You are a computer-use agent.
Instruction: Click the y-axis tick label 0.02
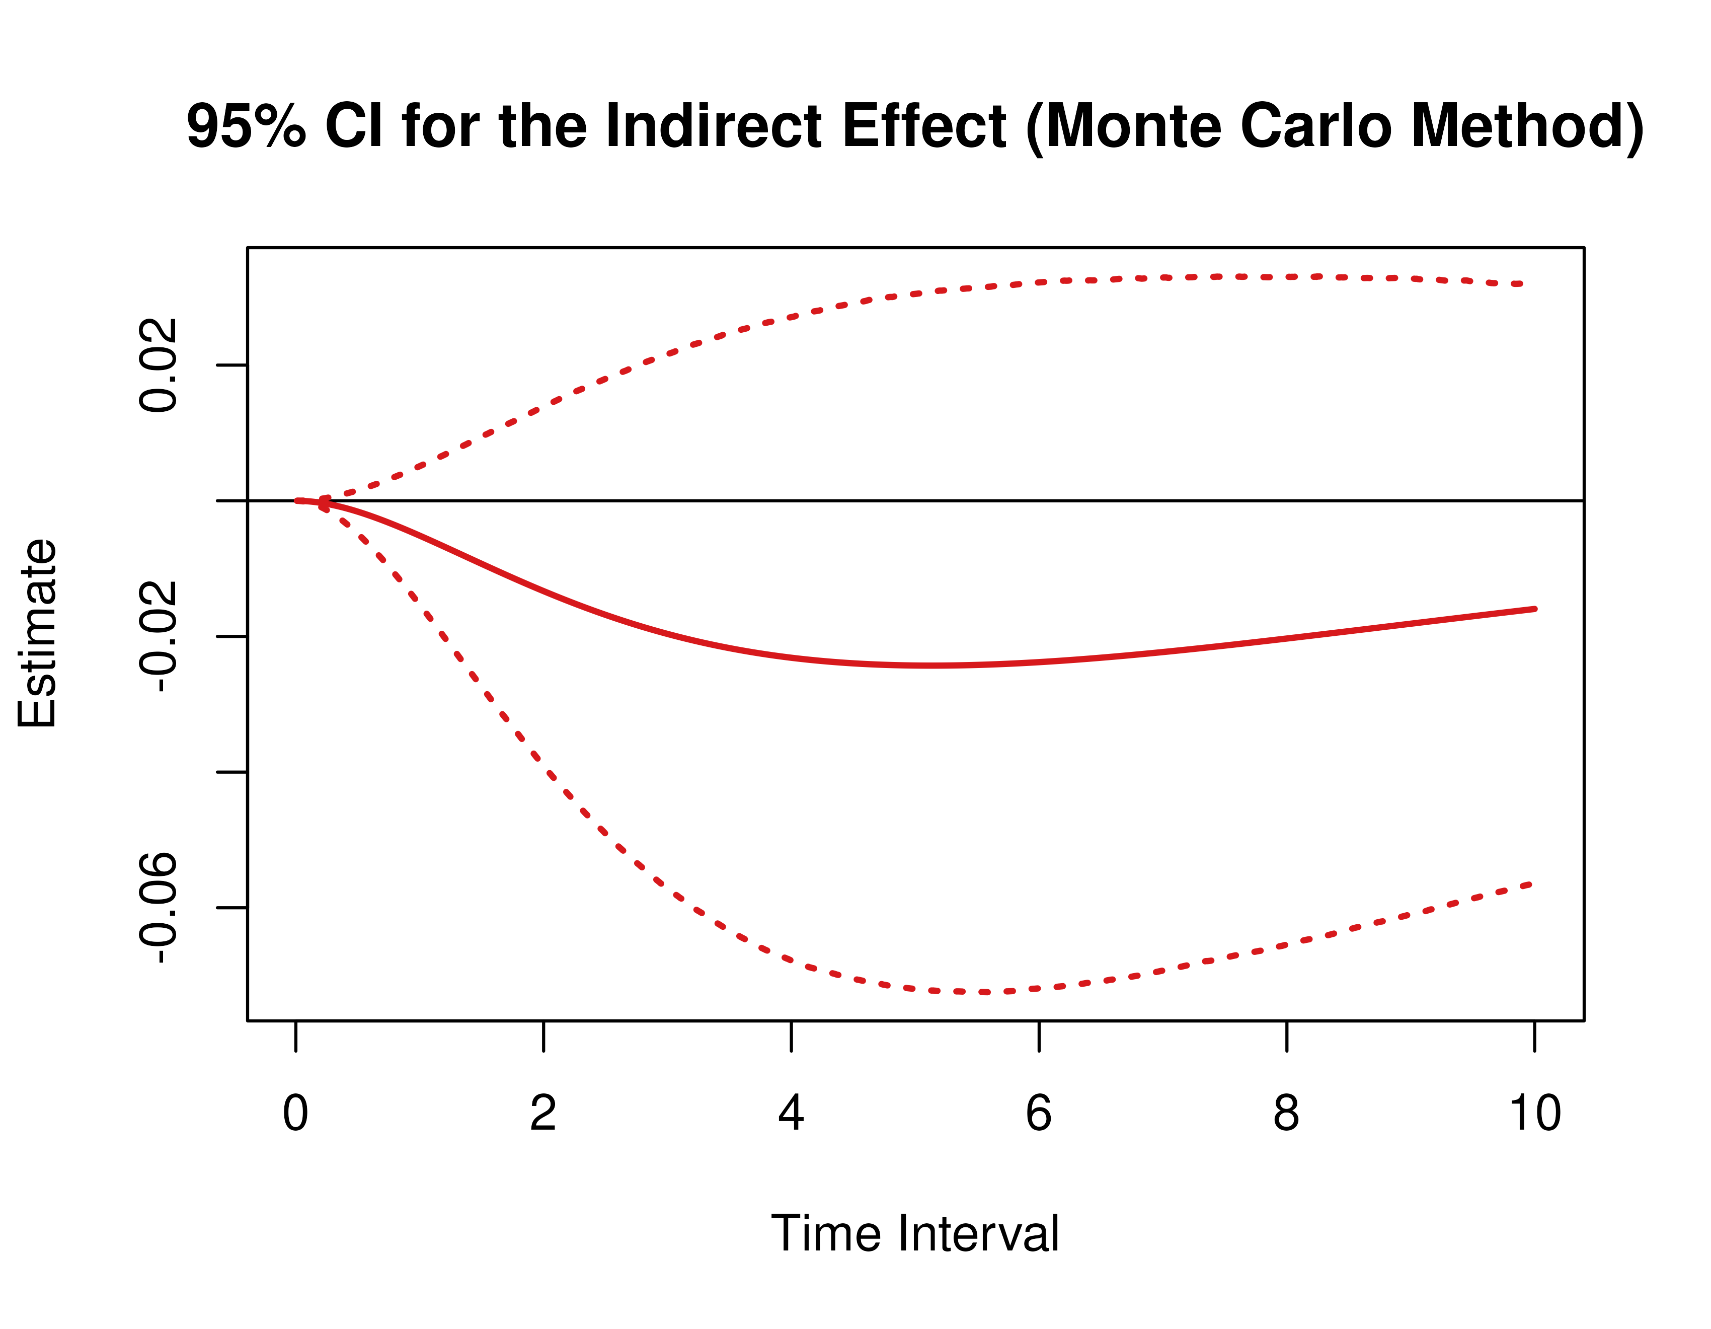point(158,365)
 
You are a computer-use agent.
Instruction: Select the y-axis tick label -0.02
point(158,636)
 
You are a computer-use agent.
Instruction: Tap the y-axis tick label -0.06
point(158,908)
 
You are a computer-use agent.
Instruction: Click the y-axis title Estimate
point(37,633)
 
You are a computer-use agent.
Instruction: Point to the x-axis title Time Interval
point(915,1233)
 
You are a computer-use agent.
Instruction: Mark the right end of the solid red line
point(1535,609)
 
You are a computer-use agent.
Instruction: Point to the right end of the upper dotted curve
point(1521,283)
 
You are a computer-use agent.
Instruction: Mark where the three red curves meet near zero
point(321,501)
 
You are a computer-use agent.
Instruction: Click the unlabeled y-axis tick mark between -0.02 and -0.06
point(232,772)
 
